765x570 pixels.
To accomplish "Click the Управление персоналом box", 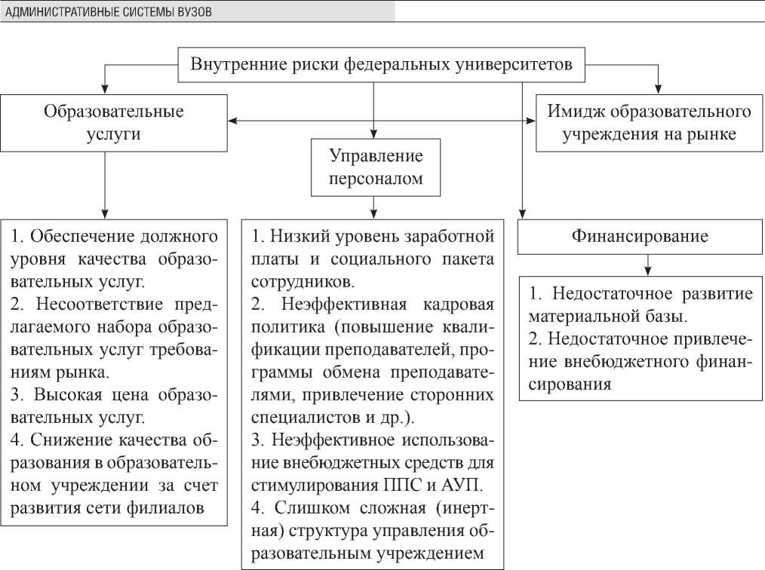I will pyautogui.click(x=375, y=167).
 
